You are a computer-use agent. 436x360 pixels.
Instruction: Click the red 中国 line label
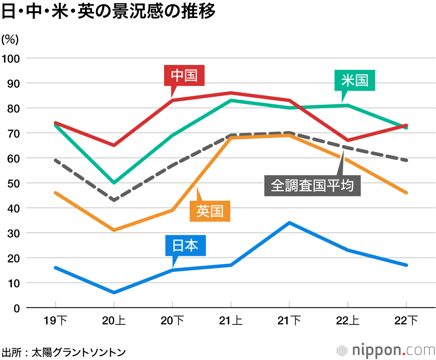pyautogui.click(x=184, y=76)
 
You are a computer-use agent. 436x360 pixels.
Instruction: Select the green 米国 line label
pyautogui.click(x=354, y=80)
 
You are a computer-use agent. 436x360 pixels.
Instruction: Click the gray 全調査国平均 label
pyautogui.click(x=312, y=186)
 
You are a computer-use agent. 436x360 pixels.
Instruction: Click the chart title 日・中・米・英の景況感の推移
pyautogui.click(x=109, y=12)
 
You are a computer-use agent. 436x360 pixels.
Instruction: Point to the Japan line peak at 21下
pyautogui.click(x=290, y=223)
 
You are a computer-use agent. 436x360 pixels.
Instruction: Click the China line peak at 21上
pyautogui.click(x=231, y=93)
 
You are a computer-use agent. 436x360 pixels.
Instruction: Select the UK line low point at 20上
pyautogui.click(x=114, y=230)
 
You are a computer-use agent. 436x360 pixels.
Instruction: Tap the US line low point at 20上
pyautogui.click(x=114, y=183)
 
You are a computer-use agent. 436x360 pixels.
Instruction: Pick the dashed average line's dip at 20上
pyautogui.click(x=114, y=200)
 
